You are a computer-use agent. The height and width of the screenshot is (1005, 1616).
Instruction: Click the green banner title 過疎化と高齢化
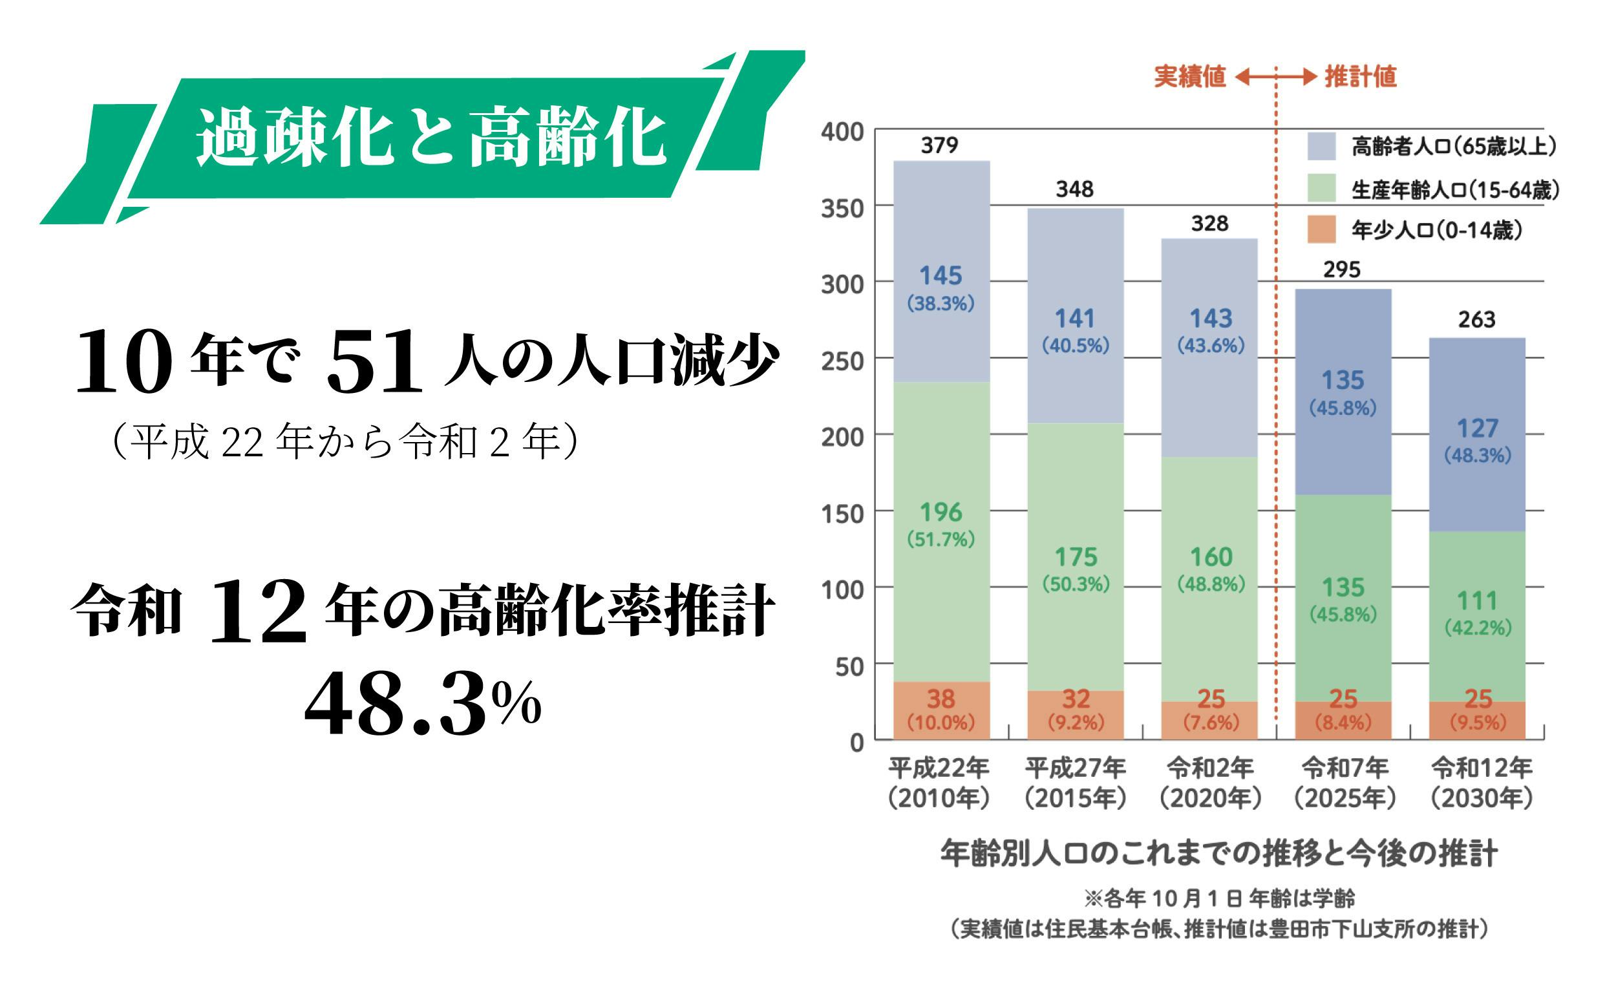(431, 138)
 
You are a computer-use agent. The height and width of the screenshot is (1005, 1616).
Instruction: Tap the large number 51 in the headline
(374, 362)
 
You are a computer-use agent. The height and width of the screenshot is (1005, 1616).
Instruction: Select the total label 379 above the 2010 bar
(939, 145)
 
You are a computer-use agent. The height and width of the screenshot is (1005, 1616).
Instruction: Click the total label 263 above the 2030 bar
(1476, 321)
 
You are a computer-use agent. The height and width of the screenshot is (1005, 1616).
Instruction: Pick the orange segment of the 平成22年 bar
(941, 710)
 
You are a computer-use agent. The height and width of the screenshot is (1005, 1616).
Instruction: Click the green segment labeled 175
(1075, 565)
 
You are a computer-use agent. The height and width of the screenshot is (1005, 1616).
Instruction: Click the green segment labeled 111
(1476, 611)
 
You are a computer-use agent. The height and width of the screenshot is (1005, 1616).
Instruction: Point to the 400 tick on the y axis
(842, 132)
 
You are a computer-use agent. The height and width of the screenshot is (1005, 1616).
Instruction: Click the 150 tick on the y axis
(842, 513)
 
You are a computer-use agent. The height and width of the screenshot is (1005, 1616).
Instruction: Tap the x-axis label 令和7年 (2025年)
(1344, 783)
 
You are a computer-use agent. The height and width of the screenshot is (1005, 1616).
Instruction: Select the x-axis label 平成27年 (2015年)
(1075, 783)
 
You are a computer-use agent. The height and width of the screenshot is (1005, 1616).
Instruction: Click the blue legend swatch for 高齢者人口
(1321, 146)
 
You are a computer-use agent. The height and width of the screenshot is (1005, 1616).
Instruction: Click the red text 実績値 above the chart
(1189, 77)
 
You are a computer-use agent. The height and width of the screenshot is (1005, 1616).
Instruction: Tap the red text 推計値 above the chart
(1360, 77)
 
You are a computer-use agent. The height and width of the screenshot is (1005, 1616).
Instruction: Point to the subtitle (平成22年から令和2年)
(346, 441)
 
